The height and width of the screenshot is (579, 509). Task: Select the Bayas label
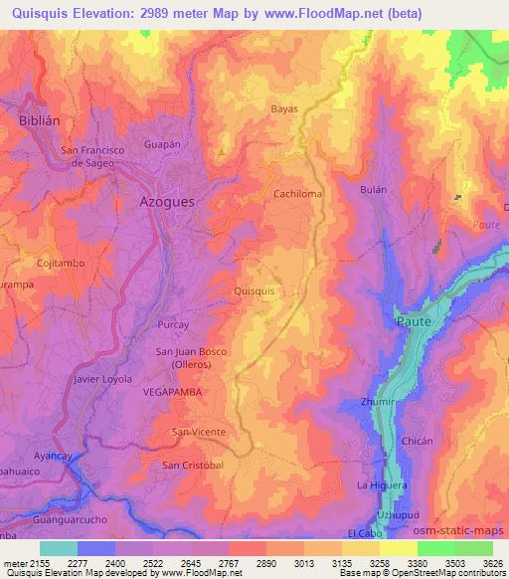[x=283, y=108]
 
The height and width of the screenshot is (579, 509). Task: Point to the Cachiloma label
[x=298, y=194]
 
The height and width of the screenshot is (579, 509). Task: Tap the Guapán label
[x=160, y=143]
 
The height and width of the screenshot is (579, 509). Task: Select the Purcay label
[x=173, y=325]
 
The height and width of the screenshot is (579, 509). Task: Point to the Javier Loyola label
[x=102, y=379]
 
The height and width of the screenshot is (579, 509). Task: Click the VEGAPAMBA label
[x=172, y=393]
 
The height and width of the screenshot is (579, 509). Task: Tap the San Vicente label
[x=199, y=432]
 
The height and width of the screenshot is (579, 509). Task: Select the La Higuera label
[x=382, y=484]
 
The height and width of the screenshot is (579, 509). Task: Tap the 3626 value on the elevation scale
[x=490, y=563]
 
